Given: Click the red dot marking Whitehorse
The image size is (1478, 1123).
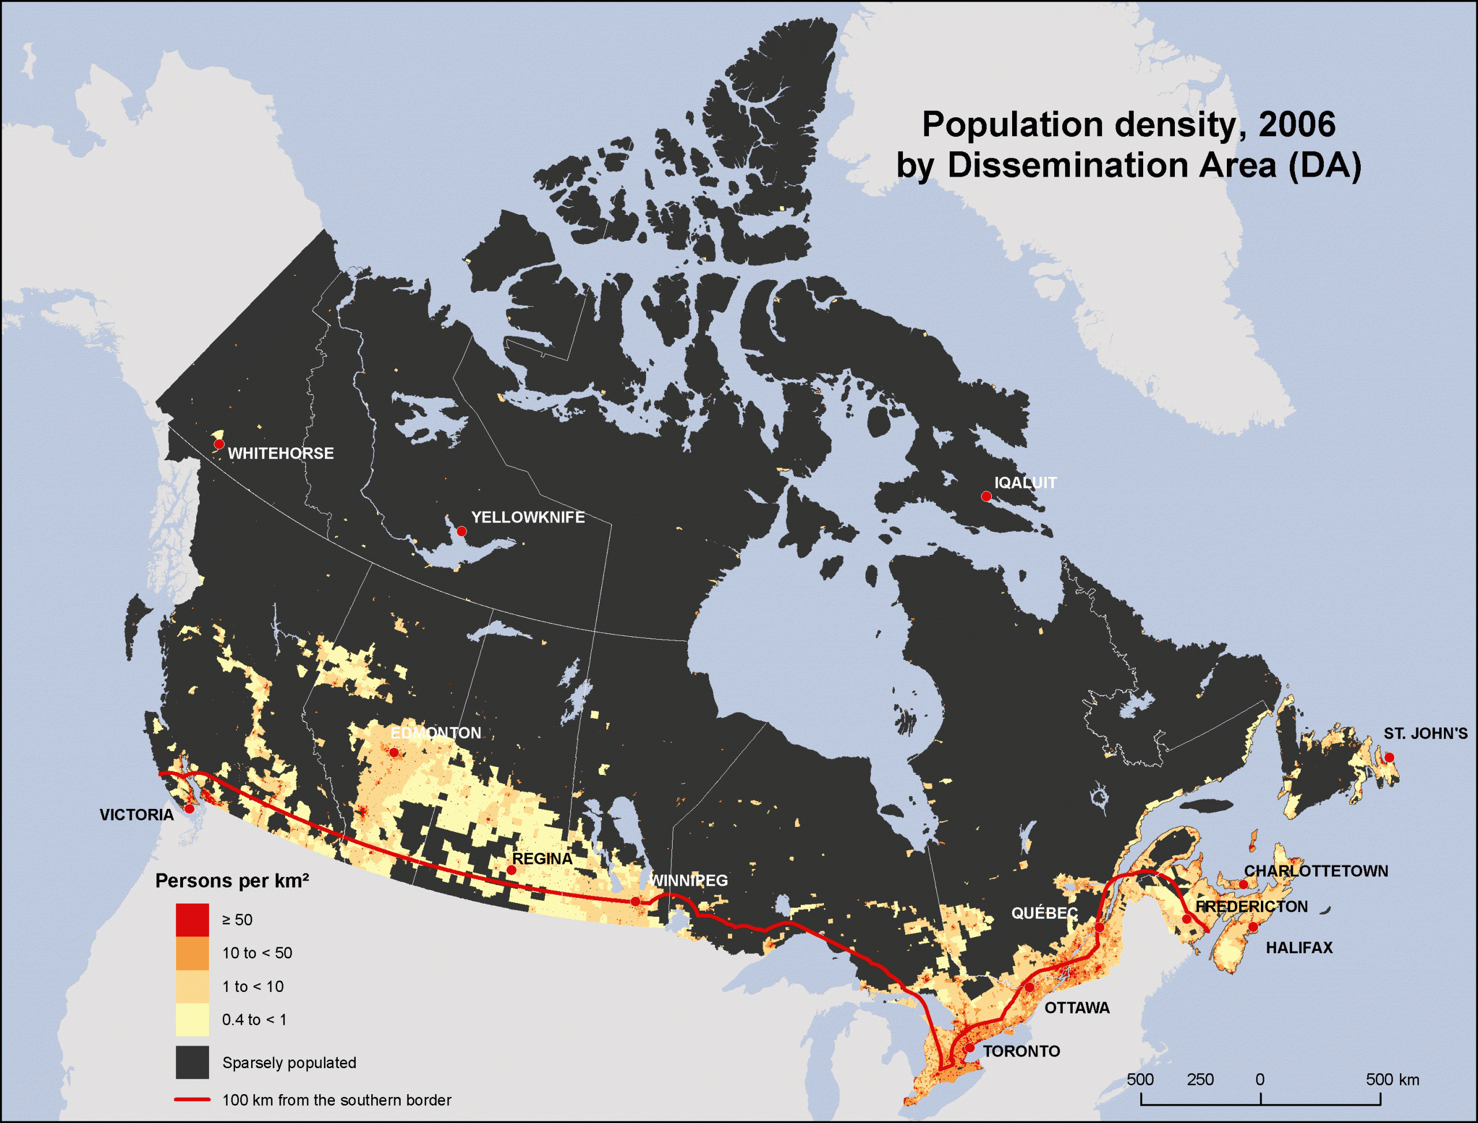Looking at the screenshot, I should tap(219, 444).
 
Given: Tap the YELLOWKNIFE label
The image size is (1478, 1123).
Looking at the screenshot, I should tap(528, 517).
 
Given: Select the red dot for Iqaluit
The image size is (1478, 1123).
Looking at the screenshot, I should tap(986, 496).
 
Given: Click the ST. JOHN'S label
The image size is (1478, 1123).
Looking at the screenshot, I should tap(1425, 733).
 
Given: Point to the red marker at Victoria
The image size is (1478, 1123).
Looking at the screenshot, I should tap(189, 809).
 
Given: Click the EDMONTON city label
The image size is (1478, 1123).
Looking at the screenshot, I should tap(435, 733).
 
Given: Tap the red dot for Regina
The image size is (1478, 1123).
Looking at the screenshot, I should tap(512, 870).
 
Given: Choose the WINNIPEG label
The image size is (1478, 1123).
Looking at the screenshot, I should tap(689, 881).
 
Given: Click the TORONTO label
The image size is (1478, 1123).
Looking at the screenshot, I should tap(1021, 1051).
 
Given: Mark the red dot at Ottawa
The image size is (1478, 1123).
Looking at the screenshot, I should tap(1029, 987).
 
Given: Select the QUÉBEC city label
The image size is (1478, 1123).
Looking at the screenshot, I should tap(1044, 913).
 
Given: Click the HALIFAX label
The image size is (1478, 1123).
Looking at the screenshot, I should tap(1299, 947).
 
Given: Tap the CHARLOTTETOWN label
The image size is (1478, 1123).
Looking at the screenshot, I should tap(1316, 871).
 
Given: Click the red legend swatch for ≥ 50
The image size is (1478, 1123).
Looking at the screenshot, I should tap(192, 920).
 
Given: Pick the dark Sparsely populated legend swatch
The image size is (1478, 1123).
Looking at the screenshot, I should tap(192, 1062).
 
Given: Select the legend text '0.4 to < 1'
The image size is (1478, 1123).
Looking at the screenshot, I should tap(254, 1020).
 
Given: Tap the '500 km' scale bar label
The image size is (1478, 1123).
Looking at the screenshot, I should tap(1392, 1080).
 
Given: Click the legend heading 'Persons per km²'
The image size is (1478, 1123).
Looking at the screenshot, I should tap(232, 881).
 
